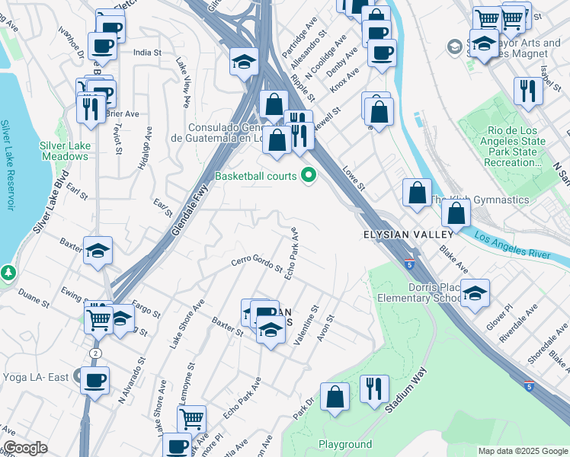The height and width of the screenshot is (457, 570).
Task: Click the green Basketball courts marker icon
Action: click(309, 176)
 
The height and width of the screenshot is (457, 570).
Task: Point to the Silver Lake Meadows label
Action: click(65, 151)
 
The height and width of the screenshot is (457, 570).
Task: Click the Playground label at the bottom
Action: click(345, 444)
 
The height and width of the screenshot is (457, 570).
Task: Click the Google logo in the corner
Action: click(25, 448)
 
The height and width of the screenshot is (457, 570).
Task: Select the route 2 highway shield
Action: click(94, 353)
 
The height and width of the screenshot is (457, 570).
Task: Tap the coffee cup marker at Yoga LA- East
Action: click(95, 380)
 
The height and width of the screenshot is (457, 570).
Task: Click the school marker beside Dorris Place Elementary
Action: click(475, 293)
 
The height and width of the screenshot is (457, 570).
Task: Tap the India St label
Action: click(147, 53)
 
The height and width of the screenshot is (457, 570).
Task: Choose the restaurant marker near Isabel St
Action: click(527, 91)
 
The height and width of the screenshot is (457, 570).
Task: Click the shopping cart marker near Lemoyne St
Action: click(191, 418)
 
